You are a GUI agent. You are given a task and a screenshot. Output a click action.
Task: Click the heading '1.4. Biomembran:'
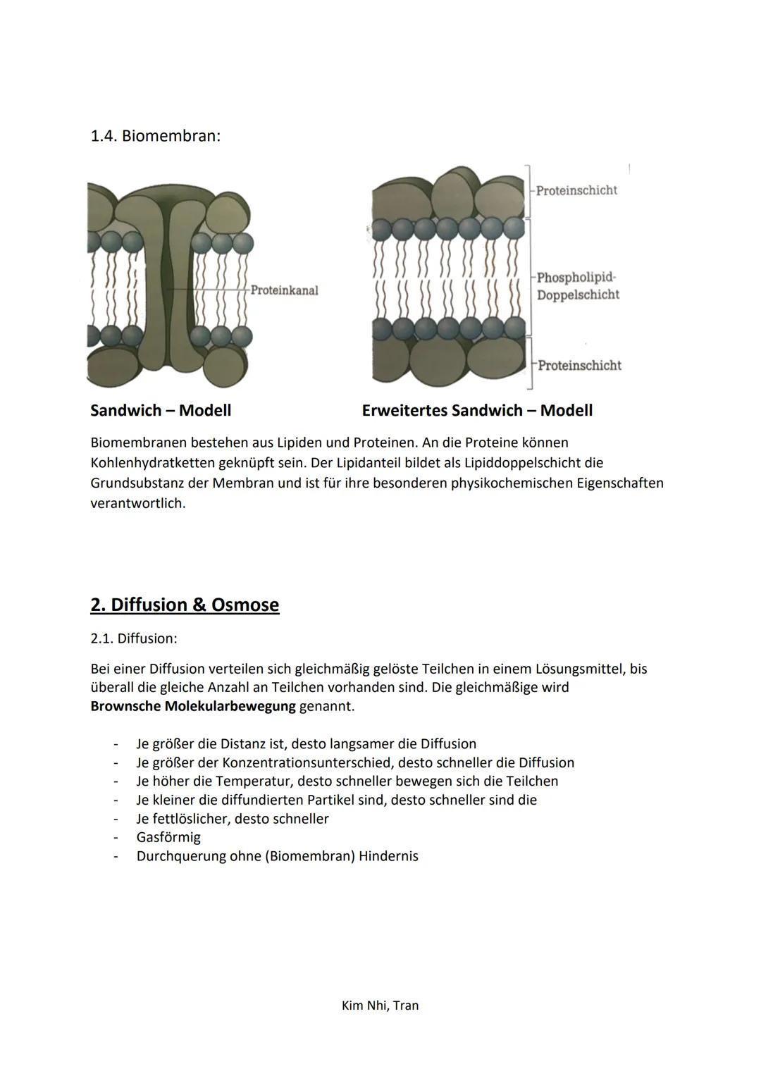[155, 135]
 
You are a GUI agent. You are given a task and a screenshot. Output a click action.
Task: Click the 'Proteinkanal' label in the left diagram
[284, 290]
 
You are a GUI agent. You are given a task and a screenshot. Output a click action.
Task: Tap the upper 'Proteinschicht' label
[576, 190]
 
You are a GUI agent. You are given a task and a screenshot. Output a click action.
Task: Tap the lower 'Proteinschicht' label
[579, 365]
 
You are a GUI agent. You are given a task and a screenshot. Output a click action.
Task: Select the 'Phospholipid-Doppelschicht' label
[577, 286]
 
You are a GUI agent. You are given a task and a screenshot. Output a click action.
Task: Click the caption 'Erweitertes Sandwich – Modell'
[477, 410]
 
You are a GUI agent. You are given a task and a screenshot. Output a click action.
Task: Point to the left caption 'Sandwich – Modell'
[161, 410]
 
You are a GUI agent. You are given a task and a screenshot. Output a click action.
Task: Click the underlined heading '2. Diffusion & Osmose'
[185, 605]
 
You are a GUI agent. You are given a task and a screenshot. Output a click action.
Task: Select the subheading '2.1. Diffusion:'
[134, 638]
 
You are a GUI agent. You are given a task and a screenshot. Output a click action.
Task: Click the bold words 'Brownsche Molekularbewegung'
[193, 706]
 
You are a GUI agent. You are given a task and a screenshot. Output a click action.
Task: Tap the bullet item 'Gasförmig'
[168, 837]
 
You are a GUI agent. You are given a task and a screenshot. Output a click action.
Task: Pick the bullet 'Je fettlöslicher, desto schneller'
[233, 819]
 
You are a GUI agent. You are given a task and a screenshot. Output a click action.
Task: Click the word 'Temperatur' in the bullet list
[254, 781]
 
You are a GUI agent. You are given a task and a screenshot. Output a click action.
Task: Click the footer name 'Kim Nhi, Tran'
[380, 1006]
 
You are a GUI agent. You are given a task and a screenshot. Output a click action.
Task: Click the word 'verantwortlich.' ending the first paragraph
[138, 504]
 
